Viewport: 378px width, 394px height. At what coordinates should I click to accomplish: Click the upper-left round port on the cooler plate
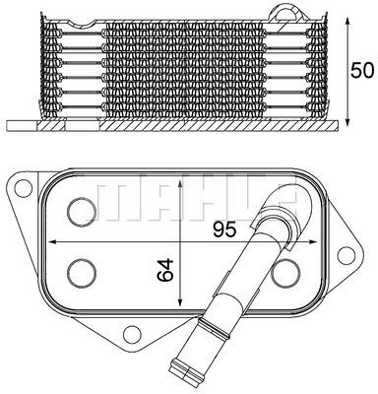pos(80,208)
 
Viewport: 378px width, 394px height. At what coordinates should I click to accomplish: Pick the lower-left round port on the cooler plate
pos(80,272)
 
